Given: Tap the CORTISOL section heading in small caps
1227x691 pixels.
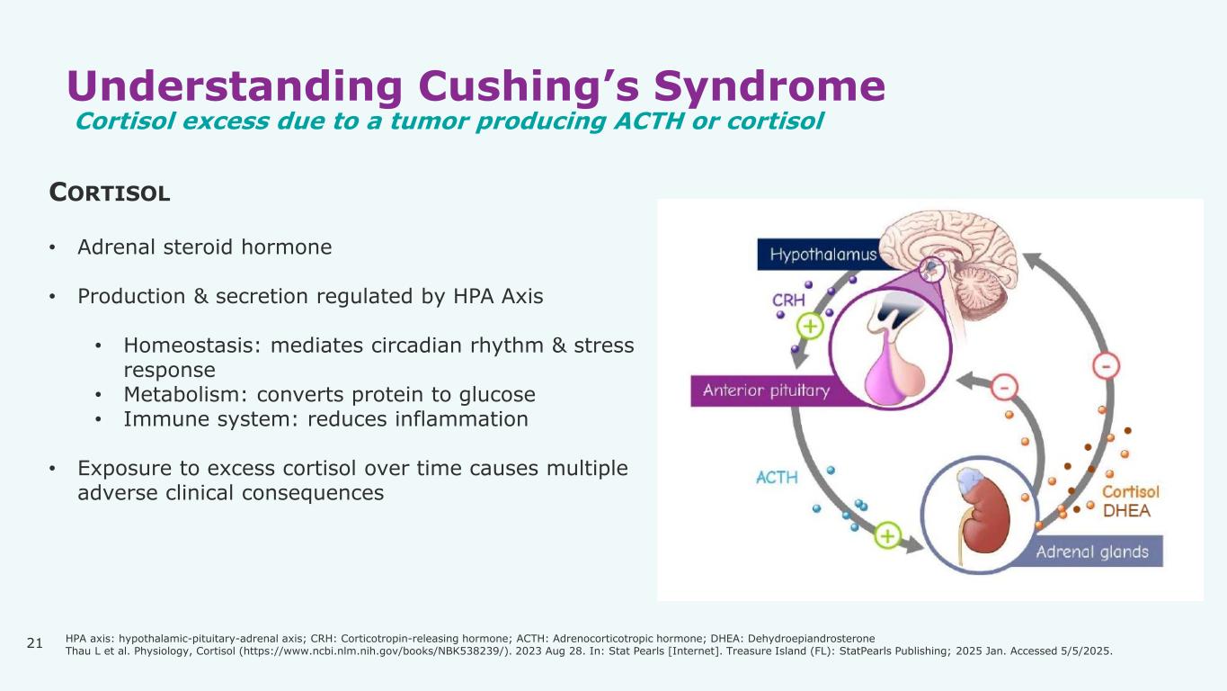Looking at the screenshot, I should point(110,193).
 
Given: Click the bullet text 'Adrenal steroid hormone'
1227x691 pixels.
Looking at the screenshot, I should point(204,247).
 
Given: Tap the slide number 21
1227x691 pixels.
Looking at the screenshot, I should point(35,642).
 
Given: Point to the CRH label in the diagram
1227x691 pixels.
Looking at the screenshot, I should point(788,301).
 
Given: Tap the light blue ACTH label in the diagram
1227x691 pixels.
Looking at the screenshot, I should point(777,477).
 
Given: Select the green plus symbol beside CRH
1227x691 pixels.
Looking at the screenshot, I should point(811,327).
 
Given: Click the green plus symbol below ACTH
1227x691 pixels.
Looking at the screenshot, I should point(887,535).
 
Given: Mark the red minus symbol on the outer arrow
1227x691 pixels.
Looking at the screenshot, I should point(1105,366).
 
